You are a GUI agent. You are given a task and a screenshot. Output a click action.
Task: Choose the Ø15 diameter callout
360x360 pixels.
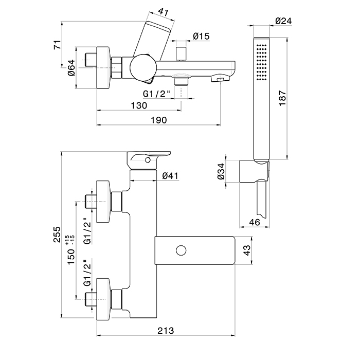point(201,36)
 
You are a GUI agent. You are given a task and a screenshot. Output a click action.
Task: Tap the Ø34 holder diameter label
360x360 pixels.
point(222,170)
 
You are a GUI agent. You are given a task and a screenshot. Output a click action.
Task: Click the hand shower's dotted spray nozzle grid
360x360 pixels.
point(262,63)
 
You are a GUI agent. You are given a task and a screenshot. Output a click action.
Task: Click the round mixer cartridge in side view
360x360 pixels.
point(141,68)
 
